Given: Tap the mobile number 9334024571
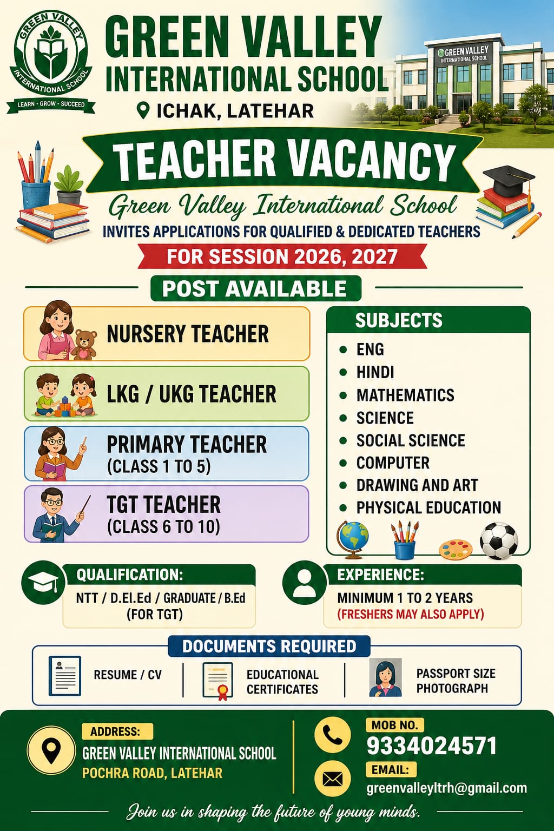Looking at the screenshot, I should coord(431,746).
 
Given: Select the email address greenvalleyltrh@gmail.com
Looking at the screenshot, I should coord(446,788).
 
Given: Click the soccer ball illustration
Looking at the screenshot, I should coord(499,540).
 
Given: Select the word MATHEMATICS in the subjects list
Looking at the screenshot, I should coord(405,395).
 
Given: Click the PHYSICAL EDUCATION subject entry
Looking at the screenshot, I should coord(428,507).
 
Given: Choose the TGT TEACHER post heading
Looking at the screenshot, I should coord(163,505).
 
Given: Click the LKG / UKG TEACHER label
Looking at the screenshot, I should coord(192,394).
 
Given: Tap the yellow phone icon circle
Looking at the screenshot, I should coord(332,735).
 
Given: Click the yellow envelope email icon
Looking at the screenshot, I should coord(332,779).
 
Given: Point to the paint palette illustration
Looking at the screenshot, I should coord(455,549).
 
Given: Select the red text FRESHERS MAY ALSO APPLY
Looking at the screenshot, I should coord(410,614).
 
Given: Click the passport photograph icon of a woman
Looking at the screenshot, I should coord(385,677).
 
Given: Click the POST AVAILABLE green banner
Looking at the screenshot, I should coord(255,288).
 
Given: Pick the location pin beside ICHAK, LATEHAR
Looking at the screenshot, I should coord(143,110).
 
